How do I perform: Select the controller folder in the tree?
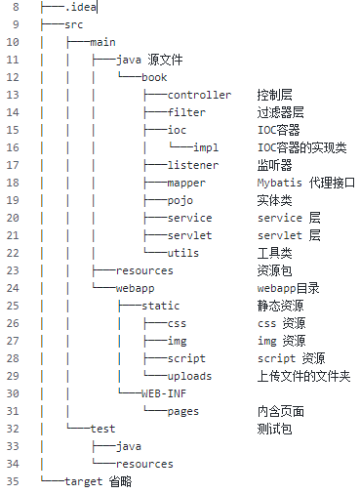tap(199, 95)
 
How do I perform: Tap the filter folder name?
tap(186, 112)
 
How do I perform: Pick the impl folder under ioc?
tap(206, 147)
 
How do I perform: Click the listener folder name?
tap(192, 165)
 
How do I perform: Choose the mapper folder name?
tap(186, 183)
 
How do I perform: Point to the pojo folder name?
tap(180, 200)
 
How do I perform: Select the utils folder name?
tap(182, 253)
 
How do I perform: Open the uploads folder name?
tap(189, 376)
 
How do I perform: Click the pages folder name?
tap(182, 411)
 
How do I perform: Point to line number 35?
tap(13, 481)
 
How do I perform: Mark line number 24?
tap(13, 288)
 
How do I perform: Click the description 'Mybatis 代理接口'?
tap(305, 183)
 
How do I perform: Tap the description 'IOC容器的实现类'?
tap(301, 147)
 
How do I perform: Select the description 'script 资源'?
tap(292, 358)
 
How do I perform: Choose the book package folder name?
tap(154, 77)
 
